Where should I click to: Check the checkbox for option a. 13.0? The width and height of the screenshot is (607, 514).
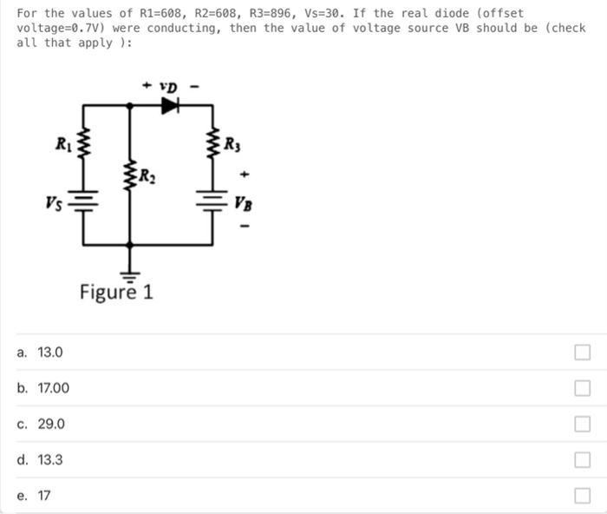582,353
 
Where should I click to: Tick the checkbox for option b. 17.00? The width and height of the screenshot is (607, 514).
582,388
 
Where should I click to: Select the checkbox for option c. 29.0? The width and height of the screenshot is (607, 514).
582,425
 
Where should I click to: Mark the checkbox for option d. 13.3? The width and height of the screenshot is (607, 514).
582,460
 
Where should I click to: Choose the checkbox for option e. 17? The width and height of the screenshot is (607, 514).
582,496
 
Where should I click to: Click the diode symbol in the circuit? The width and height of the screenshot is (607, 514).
170,105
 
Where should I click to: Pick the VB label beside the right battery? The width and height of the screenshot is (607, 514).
242,204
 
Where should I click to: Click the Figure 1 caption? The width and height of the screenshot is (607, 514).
116,292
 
